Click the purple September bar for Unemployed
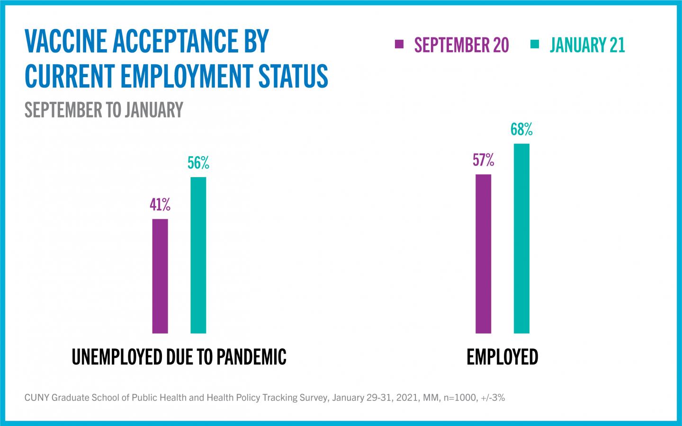(x=160, y=276)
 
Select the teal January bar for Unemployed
(x=198, y=255)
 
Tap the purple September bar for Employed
(x=483, y=254)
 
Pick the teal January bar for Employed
(x=521, y=238)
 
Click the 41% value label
(x=160, y=205)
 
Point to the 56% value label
(x=198, y=163)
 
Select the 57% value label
(x=483, y=160)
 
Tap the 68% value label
(x=521, y=129)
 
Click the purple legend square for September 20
(x=399, y=44)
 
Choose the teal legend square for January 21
(x=535, y=44)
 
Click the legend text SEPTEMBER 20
(x=461, y=45)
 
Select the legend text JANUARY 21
(x=587, y=45)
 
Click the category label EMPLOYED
(x=502, y=357)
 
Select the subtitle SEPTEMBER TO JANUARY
(x=104, y=110)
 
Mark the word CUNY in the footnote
(x=36, y=398)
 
